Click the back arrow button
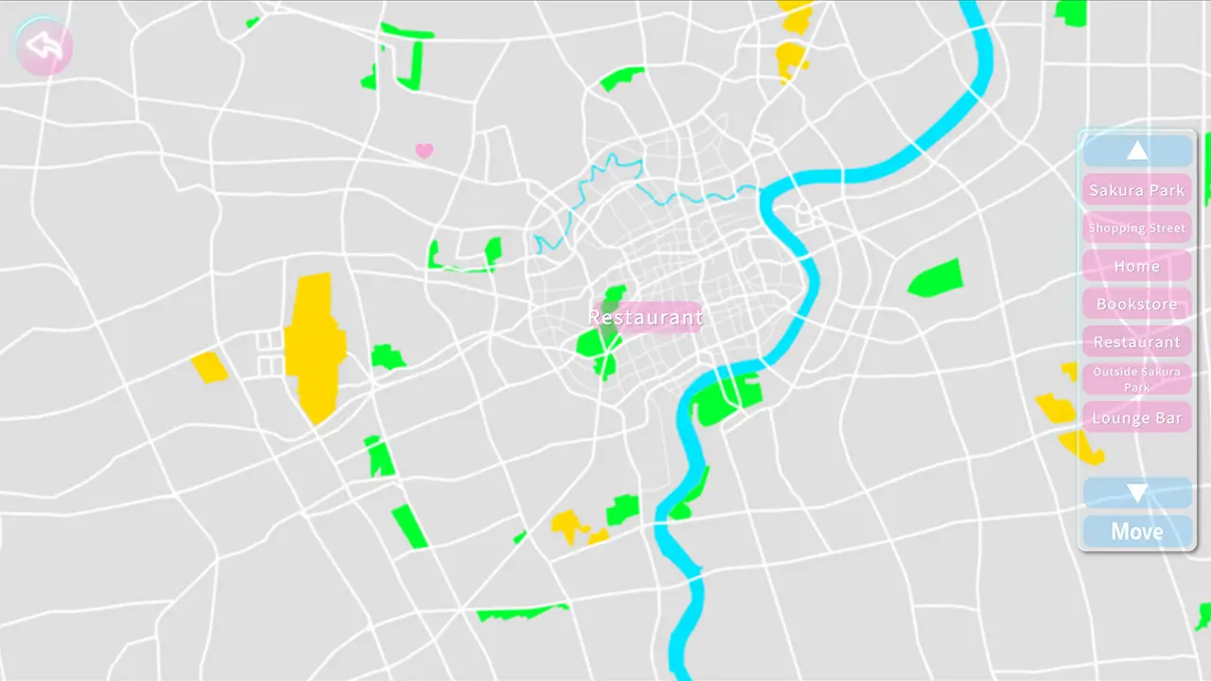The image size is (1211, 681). click(44, 45)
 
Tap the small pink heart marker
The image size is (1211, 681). click(424, 150)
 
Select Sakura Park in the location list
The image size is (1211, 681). click(1136, 190)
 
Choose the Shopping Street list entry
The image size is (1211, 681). click(1136, 228)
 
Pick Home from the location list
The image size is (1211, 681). click(1136, 266)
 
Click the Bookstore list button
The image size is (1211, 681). click(1136, 304)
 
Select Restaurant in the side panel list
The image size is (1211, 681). click(1136, 341)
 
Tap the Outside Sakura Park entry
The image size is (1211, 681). click(1136, 379)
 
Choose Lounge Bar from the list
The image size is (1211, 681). click(1136, 417)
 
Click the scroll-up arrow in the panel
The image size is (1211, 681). click(1137, 151)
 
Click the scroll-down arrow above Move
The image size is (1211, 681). click(1137, 493)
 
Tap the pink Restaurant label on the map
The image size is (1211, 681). click(645, 317)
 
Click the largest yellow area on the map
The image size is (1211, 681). click(314, 345)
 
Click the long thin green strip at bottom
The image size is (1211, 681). click(520, 613)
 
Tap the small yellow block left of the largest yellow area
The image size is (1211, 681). click(209, 367)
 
